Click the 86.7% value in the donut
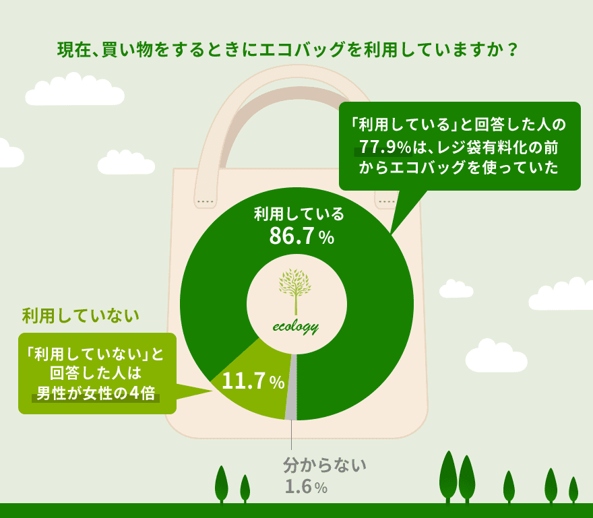(301, 236)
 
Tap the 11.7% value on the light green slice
(253, 381)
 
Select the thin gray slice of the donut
(291, 387)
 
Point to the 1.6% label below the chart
(306, 487)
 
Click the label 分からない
(325, 465)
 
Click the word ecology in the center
(296, 327)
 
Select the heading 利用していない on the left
(81, 316)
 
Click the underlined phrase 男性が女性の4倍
(96, 393)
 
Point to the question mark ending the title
(512, 50)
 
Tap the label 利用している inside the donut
(299, 214)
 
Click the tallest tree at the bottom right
(449, 476)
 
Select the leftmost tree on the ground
(222, 484)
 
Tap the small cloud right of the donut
(456, 289)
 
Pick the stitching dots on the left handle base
(206, 201)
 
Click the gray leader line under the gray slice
(291, 435)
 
